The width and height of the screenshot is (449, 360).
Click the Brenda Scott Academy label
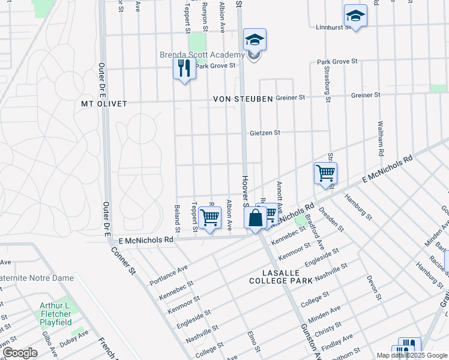tap(202, 55)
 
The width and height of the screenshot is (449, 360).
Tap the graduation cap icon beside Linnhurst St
tap(355, 16)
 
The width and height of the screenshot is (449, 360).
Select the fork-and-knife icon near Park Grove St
tap(184, 68)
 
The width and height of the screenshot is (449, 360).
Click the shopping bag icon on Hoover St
tap(255, 217)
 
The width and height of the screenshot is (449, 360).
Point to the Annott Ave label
tap(279, 191)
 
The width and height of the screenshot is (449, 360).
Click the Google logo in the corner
tap(19, 353)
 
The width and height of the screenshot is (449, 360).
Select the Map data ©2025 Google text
tap(411, 355)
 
